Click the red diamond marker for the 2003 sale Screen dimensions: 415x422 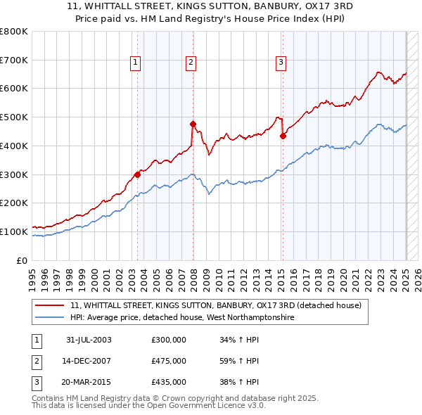(x=137, y=174)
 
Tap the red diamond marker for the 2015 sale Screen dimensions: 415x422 (x=283, y=136)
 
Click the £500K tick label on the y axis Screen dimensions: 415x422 (x=14, y=117)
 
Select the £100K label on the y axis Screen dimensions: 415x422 (x=14, y=231)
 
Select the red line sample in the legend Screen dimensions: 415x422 (x=50, y=305)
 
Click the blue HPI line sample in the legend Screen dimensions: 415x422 (x=50, y=317)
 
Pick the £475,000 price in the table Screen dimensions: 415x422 (x=168, y=362)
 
